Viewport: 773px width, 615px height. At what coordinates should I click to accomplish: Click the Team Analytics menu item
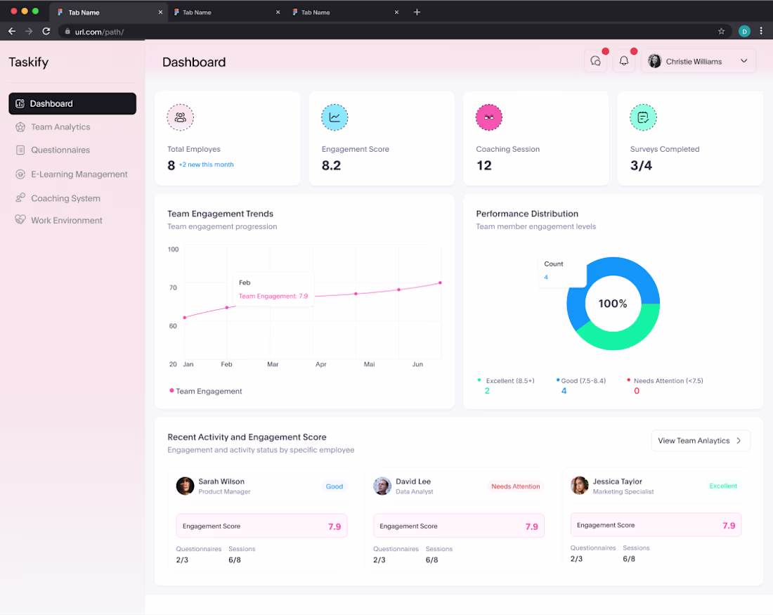tap(60, 127)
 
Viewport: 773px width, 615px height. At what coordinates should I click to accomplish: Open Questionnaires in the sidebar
tap(60, 150)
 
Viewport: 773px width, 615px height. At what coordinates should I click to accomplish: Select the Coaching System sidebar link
tap(65, 198)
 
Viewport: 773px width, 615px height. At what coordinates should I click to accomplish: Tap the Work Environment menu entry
tap(67, 220)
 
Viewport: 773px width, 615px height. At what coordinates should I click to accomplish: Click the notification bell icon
tap(624, 60)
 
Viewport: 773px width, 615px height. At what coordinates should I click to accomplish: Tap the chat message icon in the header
tap(595, 61)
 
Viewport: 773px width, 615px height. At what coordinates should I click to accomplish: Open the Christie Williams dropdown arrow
tap(744, 61)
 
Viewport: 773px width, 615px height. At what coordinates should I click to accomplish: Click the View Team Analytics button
tap(701, 441)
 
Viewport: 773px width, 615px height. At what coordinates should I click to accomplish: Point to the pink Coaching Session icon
tap(489, 117)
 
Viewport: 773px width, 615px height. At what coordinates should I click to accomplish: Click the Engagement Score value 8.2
tap(331, 165)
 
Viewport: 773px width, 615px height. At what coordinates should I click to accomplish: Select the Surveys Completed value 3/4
tap(641, 165)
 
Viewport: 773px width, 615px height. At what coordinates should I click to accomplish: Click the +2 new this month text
tap(206, 164)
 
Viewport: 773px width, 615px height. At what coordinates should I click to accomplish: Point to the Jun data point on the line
tap(440, 283)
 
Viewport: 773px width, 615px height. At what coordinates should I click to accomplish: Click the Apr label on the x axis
tap(321, 364)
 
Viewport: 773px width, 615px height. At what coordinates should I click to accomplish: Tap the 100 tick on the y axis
tap(173, 249)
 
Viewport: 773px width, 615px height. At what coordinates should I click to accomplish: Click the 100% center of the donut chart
tap(613, 304)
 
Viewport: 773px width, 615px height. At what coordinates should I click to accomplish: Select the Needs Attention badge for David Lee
tap(516, 486)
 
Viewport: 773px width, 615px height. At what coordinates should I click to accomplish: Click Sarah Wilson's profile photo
tap(185, 486)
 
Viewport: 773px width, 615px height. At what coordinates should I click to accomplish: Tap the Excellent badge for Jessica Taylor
tap(723, 486)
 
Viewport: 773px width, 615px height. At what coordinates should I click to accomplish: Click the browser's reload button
tap(46, 31)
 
